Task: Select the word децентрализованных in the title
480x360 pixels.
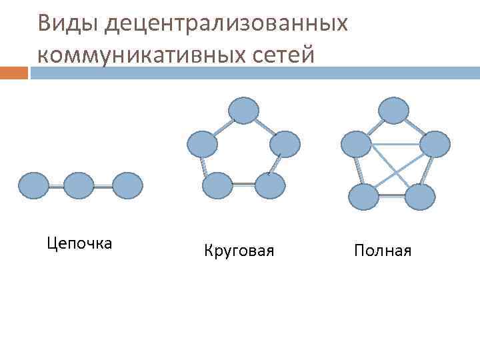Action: (x=227, y=24)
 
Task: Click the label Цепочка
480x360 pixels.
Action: (x=80, y=243)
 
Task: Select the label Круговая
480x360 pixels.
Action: (x=239, y=251)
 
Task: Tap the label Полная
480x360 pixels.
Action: (x=383, y=251)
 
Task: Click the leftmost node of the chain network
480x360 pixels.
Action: (x=33, y=186)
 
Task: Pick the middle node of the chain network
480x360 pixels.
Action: (x=79, y=186)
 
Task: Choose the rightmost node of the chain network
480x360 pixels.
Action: (x=127, y=186)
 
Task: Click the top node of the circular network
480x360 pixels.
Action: (x=243, y=111)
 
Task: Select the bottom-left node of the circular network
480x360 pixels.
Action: (x=217, y=186)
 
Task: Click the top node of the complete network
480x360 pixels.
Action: (x=393, y=111)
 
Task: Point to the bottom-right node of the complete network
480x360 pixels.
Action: (x=419, y=197)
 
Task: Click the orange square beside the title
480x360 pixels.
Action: (x=14, y=72)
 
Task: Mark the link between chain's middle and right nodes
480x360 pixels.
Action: (x=103, y=187)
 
